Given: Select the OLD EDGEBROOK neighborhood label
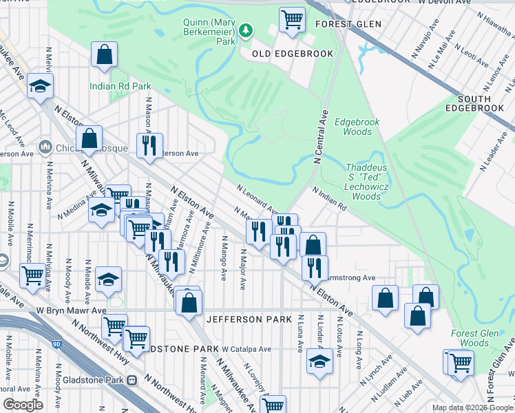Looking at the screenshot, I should coord(293,54).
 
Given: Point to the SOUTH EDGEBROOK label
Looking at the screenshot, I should coord(474,103).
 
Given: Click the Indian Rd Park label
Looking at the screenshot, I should coord(120,87).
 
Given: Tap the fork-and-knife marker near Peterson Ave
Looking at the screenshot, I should coord(149,145).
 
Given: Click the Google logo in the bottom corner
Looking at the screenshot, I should coord(23,404).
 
